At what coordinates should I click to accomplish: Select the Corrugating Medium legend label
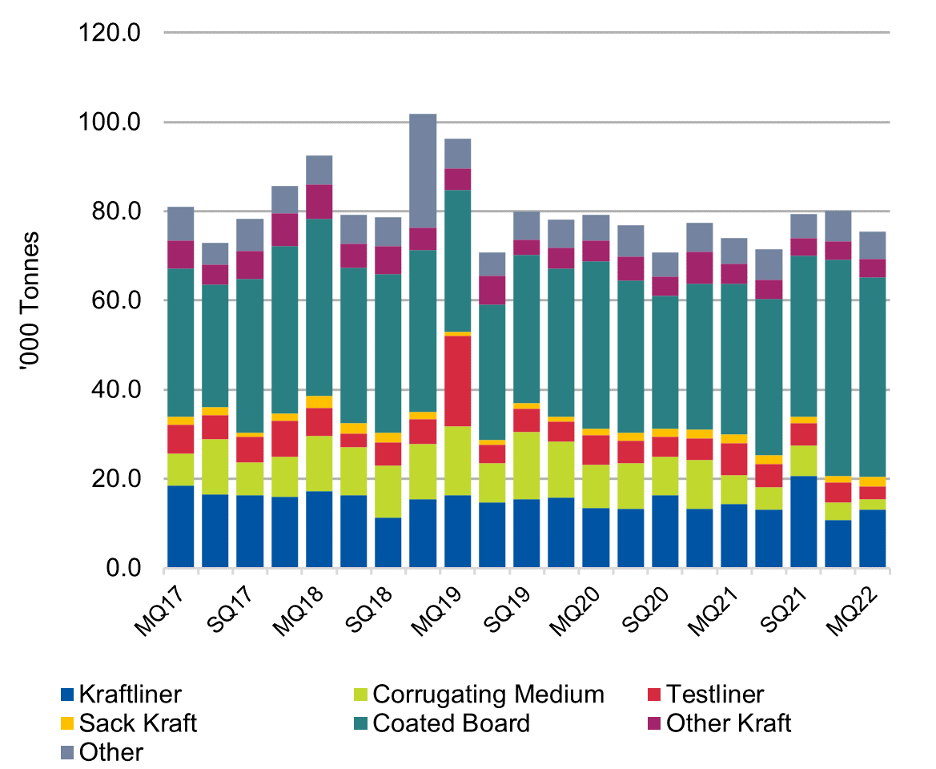pos(488,695)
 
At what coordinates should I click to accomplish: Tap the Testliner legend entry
pos(714,695)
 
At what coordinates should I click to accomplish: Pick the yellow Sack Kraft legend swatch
pos(67,724)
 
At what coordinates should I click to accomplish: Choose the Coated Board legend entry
pos(451,724)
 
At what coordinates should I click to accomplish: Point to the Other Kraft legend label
pos(728,724)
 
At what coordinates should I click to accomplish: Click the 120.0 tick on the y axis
pos(119,34)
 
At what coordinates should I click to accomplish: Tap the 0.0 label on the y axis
pos(128,569)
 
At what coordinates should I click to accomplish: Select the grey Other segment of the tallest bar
pos(423,171)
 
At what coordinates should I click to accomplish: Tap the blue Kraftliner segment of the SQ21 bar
pos(803,521)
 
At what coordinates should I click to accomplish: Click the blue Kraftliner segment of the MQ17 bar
pos(180,526)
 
